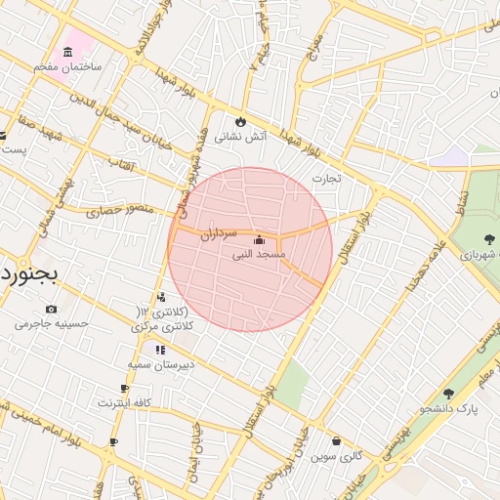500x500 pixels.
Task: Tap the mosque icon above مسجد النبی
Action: coord(258,240)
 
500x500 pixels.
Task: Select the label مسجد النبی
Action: coord(259,254)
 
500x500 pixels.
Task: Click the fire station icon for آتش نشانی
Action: coord(239,122)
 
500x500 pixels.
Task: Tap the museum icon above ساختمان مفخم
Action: coord(67,52)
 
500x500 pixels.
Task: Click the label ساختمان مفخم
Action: coord(67,66)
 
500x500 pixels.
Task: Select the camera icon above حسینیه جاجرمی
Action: coord(51,309)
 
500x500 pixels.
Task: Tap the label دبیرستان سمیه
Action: coord(160,363)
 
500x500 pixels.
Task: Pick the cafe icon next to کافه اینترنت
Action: coord(124,389)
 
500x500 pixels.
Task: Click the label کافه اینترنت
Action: coord(124,402)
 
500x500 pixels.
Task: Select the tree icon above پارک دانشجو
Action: coord(449,394)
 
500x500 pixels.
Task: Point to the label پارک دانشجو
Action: coord(449,408)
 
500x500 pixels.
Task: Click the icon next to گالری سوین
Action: coord(337,441)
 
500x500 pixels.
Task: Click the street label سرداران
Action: coord(220,234)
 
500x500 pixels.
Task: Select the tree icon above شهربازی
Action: coord(488,239)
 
